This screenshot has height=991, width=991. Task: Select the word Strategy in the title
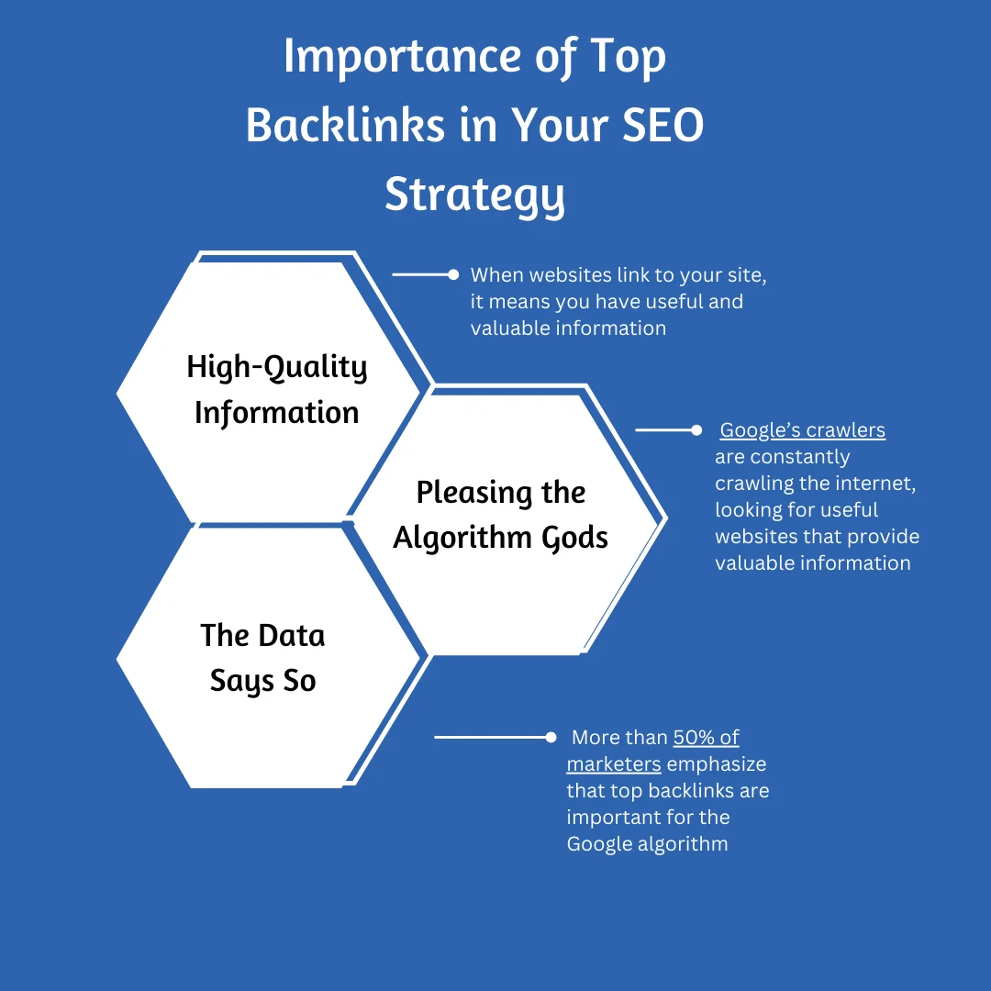pos(474,195)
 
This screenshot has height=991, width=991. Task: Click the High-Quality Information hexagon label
pos(276,390)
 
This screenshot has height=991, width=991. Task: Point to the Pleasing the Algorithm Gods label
pos(500,515)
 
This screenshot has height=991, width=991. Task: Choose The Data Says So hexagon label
pos(262,658)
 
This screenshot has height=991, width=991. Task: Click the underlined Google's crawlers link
pos(802,430)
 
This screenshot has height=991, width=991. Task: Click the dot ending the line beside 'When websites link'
pos(452,274)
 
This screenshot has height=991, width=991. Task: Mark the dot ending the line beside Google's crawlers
pos(696,429)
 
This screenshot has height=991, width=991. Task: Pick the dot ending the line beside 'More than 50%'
pos(551,737)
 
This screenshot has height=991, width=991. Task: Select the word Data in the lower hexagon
pos(290,635)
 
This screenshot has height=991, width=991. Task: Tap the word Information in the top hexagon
pos(276,413)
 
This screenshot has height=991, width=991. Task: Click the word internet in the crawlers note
pos(876,484)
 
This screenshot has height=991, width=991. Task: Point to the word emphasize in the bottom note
pos(716,764)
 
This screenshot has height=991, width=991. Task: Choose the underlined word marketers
pos(614,764)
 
